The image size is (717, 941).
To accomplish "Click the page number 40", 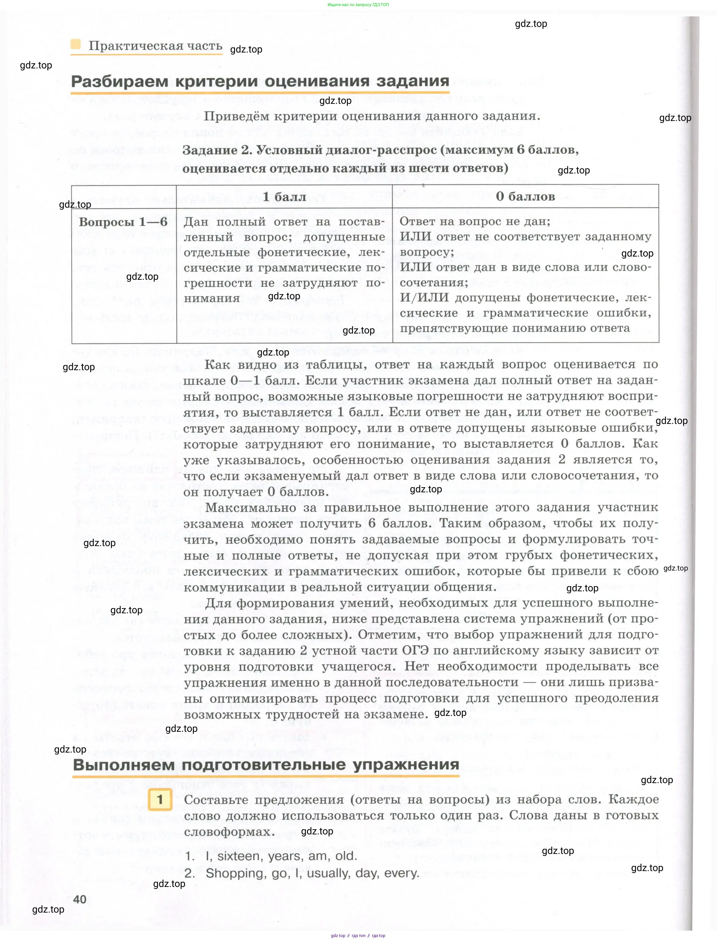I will click(x=80, y=899).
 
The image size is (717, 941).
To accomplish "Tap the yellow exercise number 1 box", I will click(x=160, y=799).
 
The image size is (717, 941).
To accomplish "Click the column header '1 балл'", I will click(x=284, y=197).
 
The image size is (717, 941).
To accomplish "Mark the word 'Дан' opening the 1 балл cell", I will click(x=196, y=222).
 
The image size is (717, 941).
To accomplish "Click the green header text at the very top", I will click(x=358, y=5).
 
